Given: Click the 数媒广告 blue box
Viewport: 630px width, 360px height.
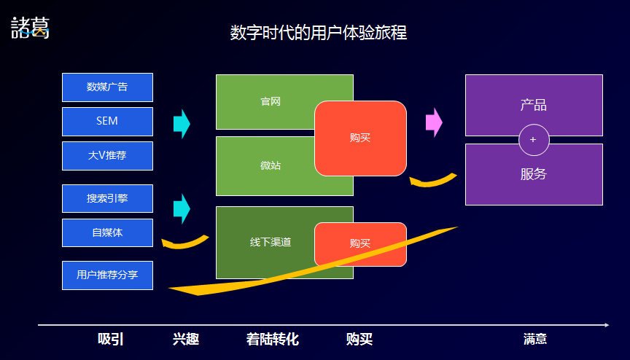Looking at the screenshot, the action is (x=107, y=87).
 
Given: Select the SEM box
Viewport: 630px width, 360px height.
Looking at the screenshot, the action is (x=107, y=122).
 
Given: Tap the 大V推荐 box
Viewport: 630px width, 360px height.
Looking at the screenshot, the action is (x=107, y=156).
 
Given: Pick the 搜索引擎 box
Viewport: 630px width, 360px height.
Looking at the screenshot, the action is (x=107, y=198).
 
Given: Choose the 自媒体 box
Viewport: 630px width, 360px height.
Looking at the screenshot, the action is (x=107, y=232).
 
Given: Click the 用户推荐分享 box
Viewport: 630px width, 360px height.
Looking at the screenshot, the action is (x=107, y=275).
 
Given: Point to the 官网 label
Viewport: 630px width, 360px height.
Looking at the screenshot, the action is (x=271, y=101).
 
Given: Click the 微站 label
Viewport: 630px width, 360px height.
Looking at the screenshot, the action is (x=271, y=165).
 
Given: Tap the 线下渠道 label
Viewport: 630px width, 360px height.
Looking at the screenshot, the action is (x=271, y=242).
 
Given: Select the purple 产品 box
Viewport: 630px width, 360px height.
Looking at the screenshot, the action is (x=534, y=105).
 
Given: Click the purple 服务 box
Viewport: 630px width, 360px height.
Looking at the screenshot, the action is (x=534, y=175).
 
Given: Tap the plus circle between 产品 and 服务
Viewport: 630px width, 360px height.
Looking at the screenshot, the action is (x=534, y=140).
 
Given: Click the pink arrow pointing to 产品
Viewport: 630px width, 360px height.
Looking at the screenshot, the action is (x=434, y=122).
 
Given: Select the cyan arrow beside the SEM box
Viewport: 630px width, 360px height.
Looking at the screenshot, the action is (x=182, y=124).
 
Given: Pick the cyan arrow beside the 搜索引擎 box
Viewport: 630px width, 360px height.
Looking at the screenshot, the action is (x=182, y=208).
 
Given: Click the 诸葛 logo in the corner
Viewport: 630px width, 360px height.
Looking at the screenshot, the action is (x=30, y=28).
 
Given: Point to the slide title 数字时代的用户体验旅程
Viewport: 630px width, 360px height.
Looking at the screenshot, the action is (x=318, y=33).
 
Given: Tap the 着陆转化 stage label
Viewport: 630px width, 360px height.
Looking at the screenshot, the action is (x=273, y=339).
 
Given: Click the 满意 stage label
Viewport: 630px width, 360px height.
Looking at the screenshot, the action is (x=535, y=339).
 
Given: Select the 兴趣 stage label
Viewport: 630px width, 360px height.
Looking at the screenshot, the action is (x=186, y=339).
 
